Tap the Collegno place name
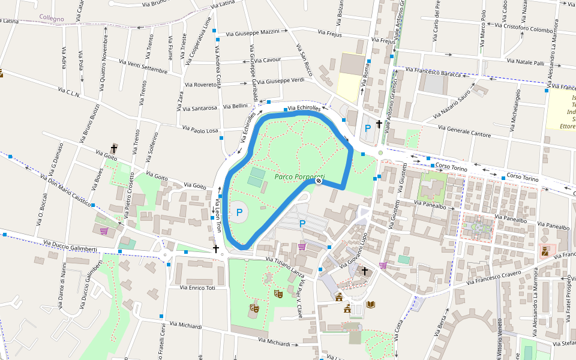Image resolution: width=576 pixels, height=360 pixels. (52, 19)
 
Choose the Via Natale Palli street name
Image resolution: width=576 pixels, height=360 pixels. (526, 62)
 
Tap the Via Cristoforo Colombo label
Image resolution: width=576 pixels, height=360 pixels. (528, 28)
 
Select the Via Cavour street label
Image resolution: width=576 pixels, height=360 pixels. (267, 60)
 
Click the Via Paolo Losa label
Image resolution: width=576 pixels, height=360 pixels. (200, 130)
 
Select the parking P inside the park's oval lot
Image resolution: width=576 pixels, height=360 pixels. (239, 212)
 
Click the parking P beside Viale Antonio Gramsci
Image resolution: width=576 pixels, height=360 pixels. (368, 128)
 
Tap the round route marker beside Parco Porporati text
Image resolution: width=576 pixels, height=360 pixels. (319, 181)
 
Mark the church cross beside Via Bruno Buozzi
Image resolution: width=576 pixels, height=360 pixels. (114, 148)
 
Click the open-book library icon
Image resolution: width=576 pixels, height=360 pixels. (371, 304)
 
